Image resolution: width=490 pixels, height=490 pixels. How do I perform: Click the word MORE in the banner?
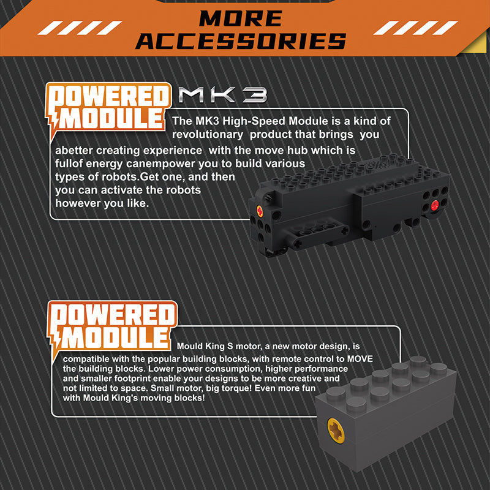pyautogui.click(x=241, y=18)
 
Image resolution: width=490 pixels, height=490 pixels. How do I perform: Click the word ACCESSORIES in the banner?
pyautogui.click(x=241, y=41)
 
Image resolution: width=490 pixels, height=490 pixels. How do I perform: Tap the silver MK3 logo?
pyautogui.click(x=223, y=95)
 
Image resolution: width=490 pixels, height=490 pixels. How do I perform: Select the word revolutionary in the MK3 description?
pyautogui.click(x=208, y=135)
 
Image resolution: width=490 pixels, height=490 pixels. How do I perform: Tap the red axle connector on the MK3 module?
pyautogui.click(x=435, y=205)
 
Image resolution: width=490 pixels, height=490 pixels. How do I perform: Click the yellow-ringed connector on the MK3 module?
pyautogui.click(x=259, y=211)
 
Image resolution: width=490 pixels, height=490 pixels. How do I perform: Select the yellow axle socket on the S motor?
pyautogui.click(x=336, y=431)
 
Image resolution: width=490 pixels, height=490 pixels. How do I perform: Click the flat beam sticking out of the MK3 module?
pyautogui.click(x=317, y=235)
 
